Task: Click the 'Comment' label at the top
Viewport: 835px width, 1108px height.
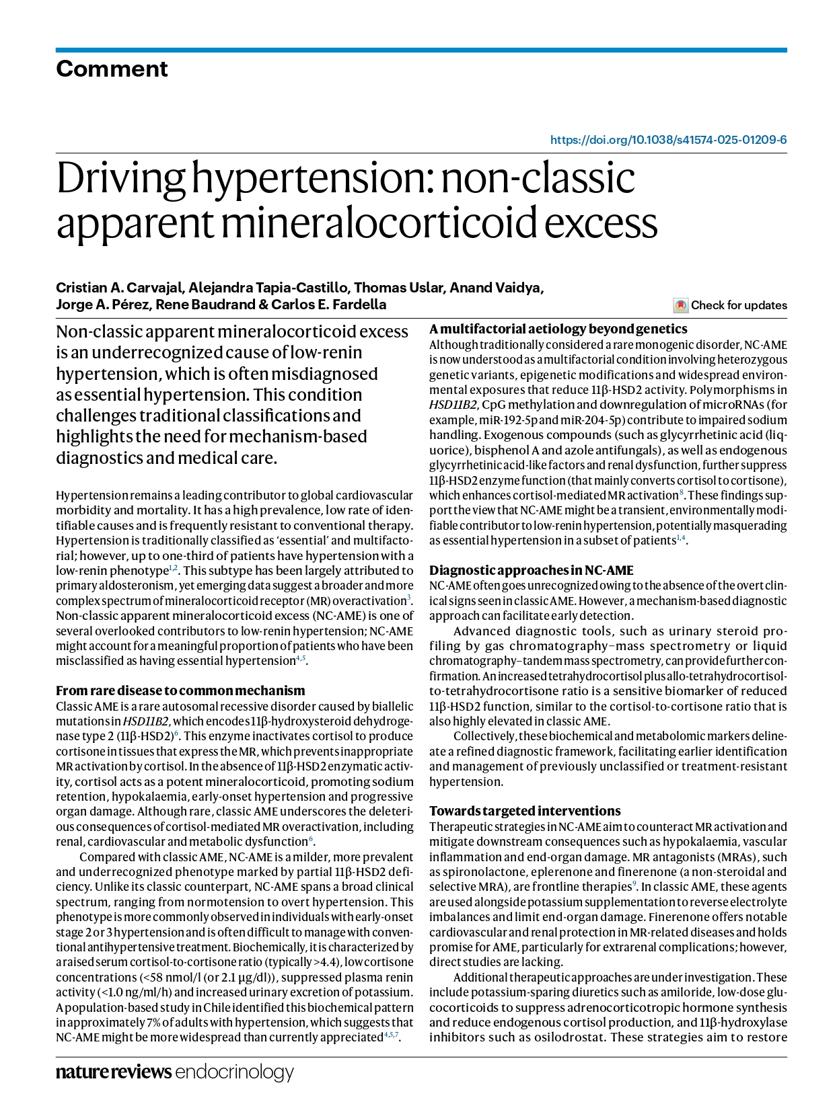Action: (112, 69)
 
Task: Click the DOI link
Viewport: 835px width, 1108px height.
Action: (668, 140)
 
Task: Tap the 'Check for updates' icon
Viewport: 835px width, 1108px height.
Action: (680, 305)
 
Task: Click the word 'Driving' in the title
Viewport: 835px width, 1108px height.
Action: (120, 179)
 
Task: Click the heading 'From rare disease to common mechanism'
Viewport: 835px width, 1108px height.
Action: (180, 690)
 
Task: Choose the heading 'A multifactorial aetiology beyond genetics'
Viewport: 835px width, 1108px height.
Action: (558, 329)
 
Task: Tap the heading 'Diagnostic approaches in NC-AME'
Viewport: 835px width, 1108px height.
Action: (532, 570)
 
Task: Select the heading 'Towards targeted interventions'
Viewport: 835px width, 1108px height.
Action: (525, 811)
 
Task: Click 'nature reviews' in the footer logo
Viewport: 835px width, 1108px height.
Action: (113, 1071)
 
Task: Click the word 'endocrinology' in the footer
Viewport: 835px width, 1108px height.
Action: (234, 1072)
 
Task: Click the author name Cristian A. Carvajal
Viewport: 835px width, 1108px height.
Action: (119, 288)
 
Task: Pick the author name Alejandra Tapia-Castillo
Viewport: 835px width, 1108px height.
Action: (268, 288)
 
